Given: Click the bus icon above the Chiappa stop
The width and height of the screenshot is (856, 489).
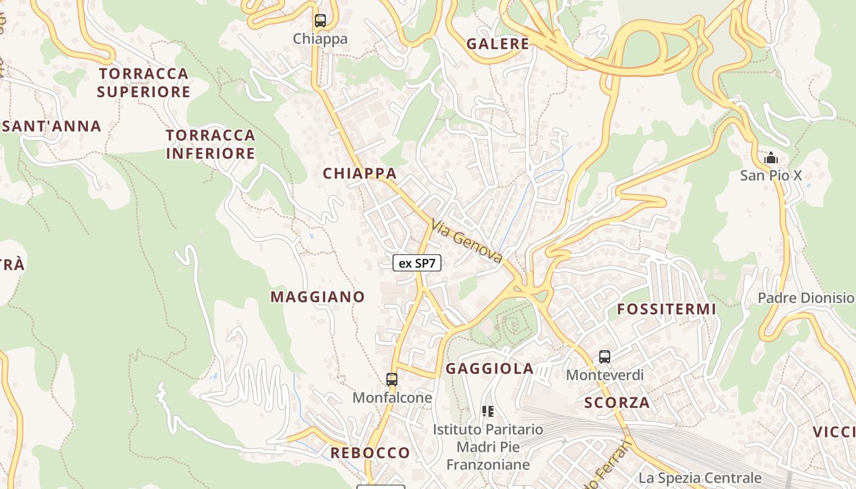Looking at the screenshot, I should coord(320,20).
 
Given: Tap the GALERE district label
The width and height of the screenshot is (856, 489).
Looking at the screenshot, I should coord(498,44).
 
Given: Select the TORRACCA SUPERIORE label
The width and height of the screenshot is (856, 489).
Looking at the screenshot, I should coord(144,83).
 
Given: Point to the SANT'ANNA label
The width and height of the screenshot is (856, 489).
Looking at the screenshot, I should coord(51,127).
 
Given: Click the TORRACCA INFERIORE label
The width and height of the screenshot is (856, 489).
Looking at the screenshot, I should coord(210,144).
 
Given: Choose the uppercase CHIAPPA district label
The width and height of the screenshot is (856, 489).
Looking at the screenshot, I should coord(360,174).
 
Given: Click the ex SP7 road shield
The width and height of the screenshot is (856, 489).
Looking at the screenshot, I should coord(417,263).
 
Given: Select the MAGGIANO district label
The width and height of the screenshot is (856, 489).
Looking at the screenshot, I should coord(318,297).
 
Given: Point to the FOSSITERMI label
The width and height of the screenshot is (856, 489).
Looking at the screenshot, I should coord(666,309).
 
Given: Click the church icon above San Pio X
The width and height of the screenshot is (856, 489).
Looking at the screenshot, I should coord(771,158).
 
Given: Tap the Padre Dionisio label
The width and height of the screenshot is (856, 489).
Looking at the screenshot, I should coord(805,298).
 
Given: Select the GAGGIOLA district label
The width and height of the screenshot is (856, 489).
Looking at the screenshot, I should coord(490,369).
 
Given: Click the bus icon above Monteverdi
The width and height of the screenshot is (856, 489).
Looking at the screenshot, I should coord(605,357).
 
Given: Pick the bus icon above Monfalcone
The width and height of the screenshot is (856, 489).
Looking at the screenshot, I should coord(392,380).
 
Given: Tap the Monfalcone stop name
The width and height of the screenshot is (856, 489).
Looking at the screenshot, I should coord(392,398).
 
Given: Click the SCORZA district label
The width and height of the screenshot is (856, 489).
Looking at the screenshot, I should coord(617,403).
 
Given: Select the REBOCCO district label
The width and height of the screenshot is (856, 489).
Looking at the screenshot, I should coord(370,453).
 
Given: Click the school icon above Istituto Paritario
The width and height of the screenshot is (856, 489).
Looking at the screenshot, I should coord(488,411).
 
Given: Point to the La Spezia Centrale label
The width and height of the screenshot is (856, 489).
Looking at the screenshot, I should coord(700,478).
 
